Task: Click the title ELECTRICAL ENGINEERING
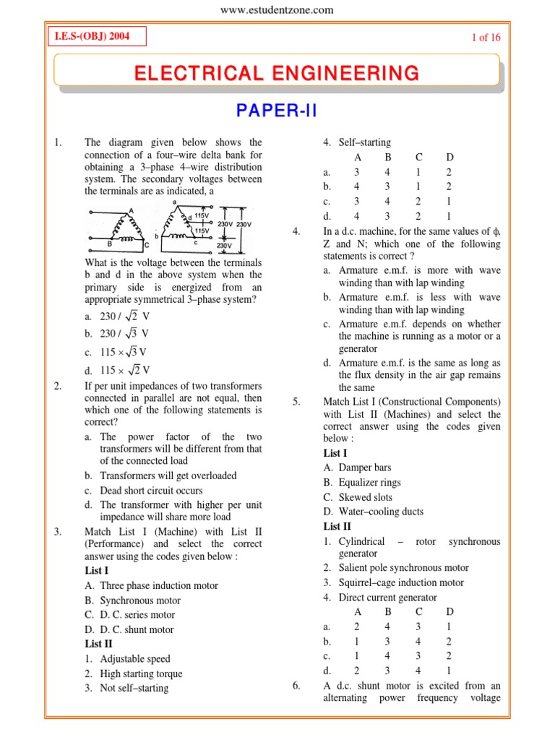point(276,73)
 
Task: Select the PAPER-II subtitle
point(277,111)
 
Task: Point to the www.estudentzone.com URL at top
point(277,9)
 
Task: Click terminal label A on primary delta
point(131,210)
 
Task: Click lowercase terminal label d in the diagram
point(189,218)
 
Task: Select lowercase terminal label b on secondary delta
point(156,236)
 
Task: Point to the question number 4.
point(296,231)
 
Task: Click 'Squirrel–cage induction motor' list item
point(394,582)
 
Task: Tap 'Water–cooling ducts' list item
point(374,512)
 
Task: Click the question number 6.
point(296,686)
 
